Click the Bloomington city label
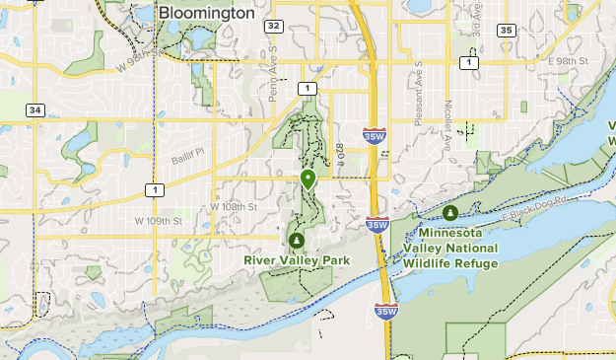(x=206, y=15)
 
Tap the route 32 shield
(x=273, y=26)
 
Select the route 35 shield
(x=506, y=31)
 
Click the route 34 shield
(x=35, y=109)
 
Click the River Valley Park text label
(x=297, y=260)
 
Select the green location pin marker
(x=308, y=179)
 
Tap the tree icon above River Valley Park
(x=296, y=240)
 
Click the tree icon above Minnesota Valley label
(x=450, y=212)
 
